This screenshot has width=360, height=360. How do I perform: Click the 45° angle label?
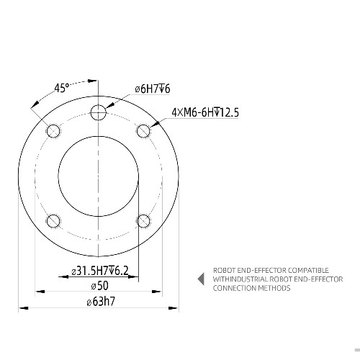[62, 88]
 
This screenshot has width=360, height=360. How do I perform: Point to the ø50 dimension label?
[99, 286]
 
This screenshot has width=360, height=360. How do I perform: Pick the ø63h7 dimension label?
[101, 302]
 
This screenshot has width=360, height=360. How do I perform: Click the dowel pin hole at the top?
[99, 112]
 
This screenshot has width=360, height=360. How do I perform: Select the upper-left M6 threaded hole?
[53, 131]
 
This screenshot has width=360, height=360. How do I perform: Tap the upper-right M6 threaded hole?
[143, 131]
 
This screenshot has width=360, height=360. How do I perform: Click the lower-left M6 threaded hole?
[53, 221]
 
